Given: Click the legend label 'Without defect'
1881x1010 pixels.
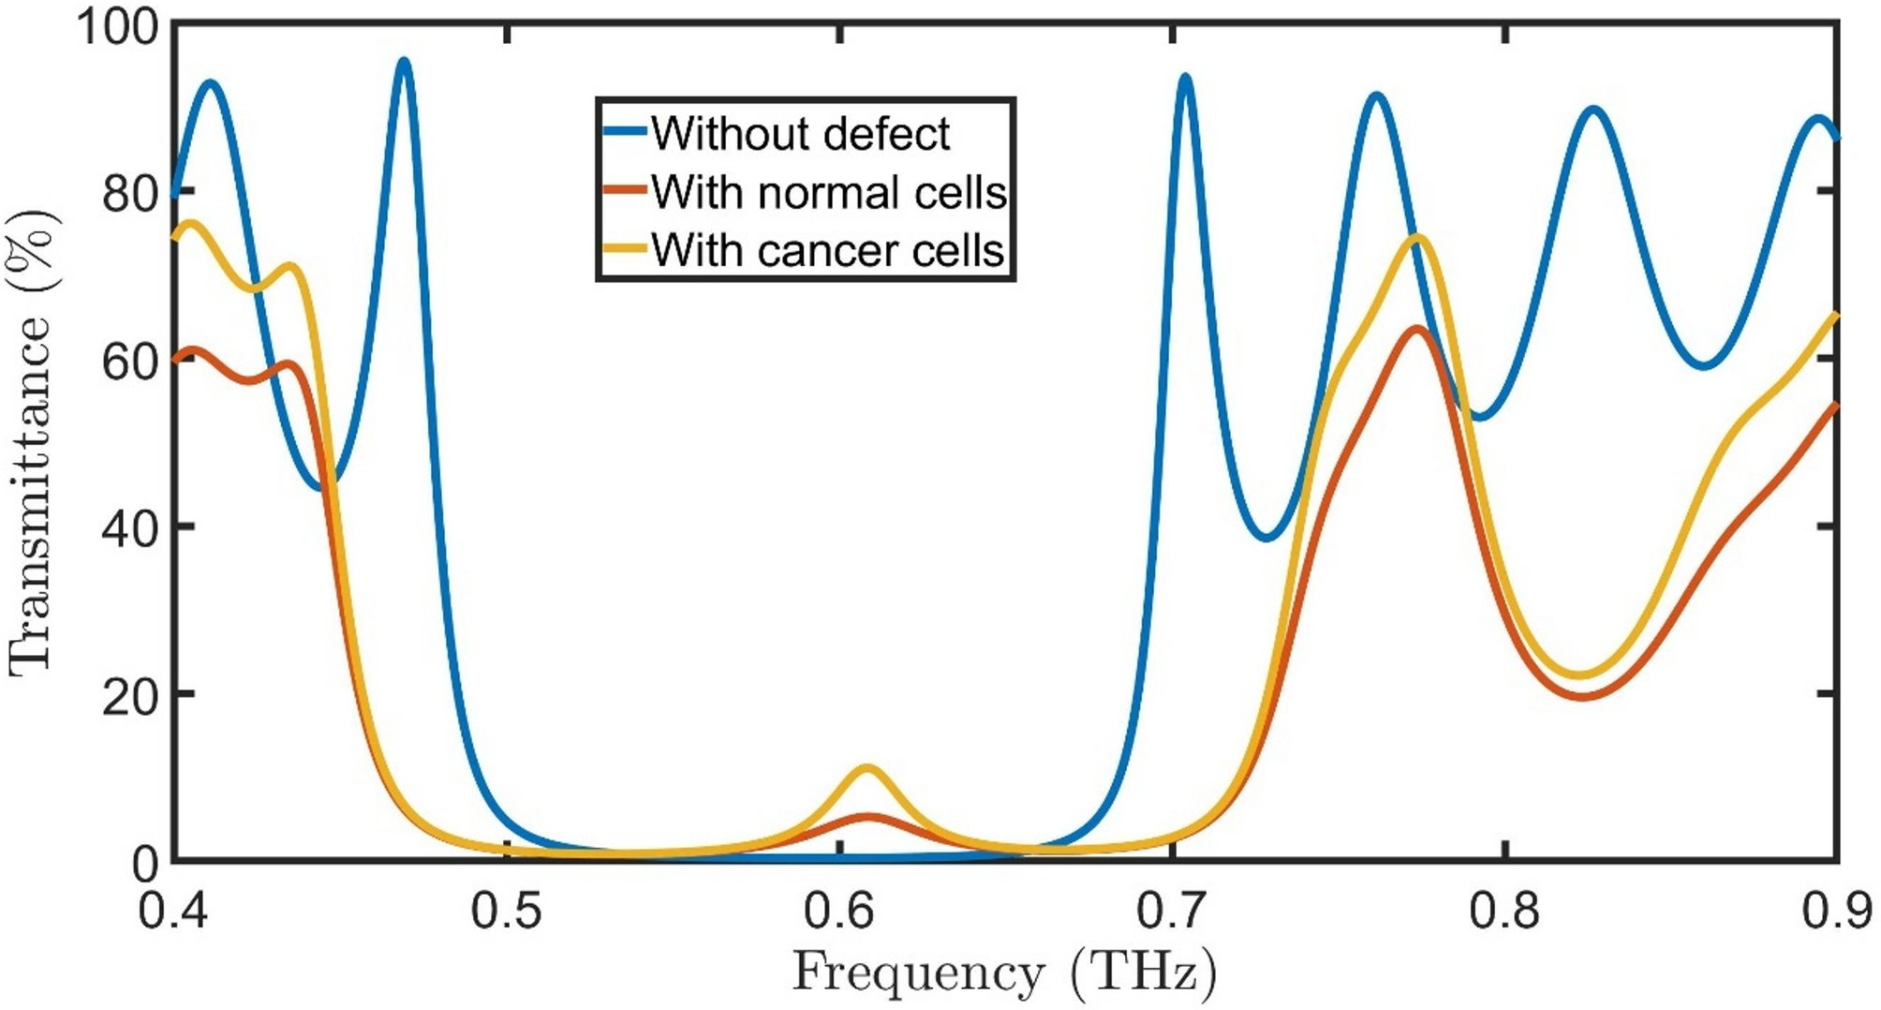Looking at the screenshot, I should (x=801, y=134).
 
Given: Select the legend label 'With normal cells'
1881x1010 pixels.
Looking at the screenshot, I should (x=828, y=193).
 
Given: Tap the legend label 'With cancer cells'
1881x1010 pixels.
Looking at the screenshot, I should (x=828, y=251).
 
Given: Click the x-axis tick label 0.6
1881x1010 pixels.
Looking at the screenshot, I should (x=840, y=911).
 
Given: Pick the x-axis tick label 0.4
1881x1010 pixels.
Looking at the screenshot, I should (x=175, y=911).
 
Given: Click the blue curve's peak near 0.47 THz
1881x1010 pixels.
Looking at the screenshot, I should (x=404, y=62).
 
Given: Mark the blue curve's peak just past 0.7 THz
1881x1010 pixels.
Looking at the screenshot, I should (x=1186, y=78).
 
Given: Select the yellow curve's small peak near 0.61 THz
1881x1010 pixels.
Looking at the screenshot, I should (x=867, y=768).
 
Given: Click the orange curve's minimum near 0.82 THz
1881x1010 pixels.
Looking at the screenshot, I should (x=1583, y=696).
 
